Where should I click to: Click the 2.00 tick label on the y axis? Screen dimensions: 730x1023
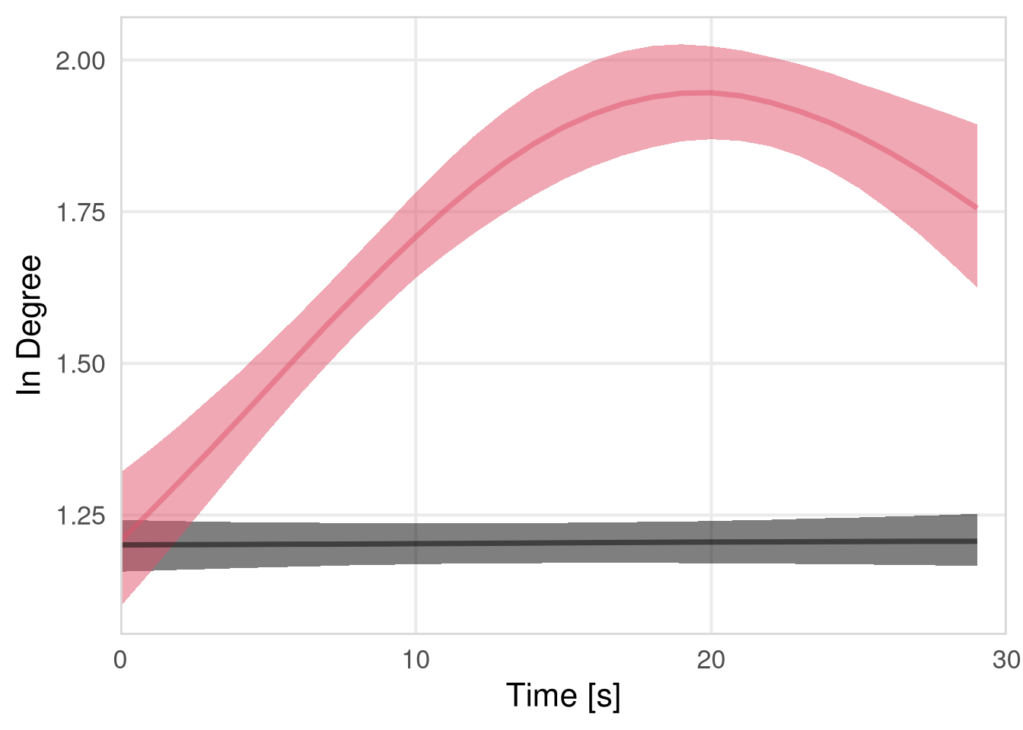(x=80, y=61)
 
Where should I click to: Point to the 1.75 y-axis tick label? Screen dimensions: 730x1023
(x=80, y=212)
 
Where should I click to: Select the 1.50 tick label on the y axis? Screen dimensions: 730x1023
(x=80, y=364)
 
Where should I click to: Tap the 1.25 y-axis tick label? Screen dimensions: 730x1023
(x=80, y=516)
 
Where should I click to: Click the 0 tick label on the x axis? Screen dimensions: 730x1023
(x=120, y=660)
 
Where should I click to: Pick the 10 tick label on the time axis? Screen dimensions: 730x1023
(x=416, y=660)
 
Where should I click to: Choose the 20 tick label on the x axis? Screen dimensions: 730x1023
(x=711, y=660)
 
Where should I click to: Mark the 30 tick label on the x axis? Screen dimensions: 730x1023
(x=1006, y=660)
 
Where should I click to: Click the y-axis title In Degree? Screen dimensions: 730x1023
(x=30, y=325)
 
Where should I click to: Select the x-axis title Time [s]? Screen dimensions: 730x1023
(x=563, y=696)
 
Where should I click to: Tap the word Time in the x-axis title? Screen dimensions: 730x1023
(x=541, y=696)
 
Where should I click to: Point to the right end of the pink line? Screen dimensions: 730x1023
(x=977, y=208)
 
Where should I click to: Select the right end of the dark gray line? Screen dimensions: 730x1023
(x=977, y=541)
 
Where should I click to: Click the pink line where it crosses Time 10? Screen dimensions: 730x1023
(x=416, y=236)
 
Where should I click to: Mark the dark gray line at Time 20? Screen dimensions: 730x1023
(x=711, y=543)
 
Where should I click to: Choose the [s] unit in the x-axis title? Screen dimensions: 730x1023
(x=604, y=696)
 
